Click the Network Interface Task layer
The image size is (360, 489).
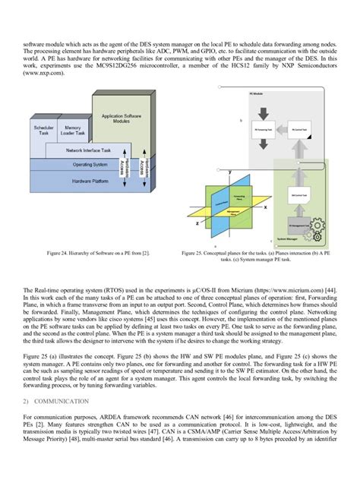(88, 150)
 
